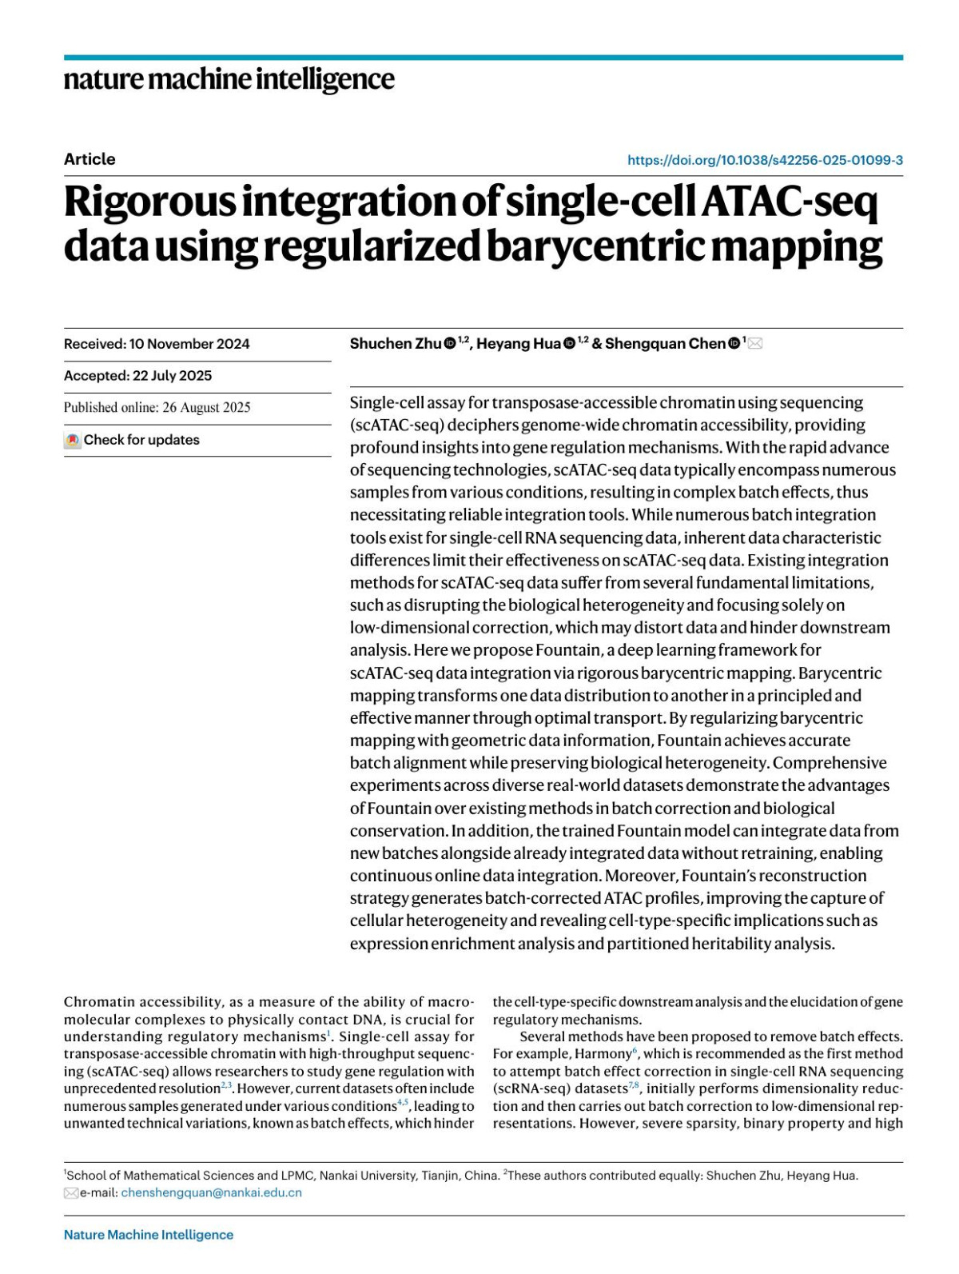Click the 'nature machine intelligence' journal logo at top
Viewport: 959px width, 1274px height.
point(229,79)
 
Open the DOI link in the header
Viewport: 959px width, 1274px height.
point(765,160)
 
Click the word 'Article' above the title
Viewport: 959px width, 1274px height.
point(90,159)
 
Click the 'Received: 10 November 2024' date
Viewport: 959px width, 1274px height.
point(157,344)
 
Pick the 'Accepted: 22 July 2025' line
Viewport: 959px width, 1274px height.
point(138,376)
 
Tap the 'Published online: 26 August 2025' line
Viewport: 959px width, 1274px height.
point(157,408)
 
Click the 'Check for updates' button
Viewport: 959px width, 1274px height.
point(133,440)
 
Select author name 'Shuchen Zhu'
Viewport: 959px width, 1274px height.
point(395,344)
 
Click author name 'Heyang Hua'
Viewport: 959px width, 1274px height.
point(518,344)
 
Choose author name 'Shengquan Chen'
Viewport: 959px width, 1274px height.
point(665,344)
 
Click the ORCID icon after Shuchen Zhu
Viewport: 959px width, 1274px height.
point(450,344)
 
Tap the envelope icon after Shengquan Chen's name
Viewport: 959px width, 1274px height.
point(755,344)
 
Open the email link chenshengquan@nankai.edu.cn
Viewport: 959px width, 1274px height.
point(211,1192)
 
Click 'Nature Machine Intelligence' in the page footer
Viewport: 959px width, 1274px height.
point(149,1235)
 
